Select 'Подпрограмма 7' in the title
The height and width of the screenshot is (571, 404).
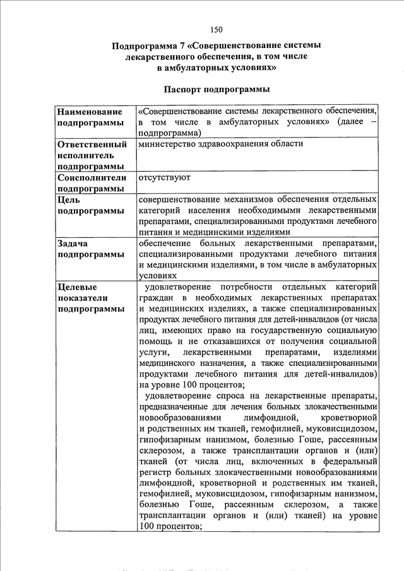146,46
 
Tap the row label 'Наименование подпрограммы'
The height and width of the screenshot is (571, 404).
88,117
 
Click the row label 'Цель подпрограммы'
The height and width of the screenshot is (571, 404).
90,206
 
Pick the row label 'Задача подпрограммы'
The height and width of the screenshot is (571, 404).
90,249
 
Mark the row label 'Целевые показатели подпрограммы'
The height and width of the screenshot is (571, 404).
90,298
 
